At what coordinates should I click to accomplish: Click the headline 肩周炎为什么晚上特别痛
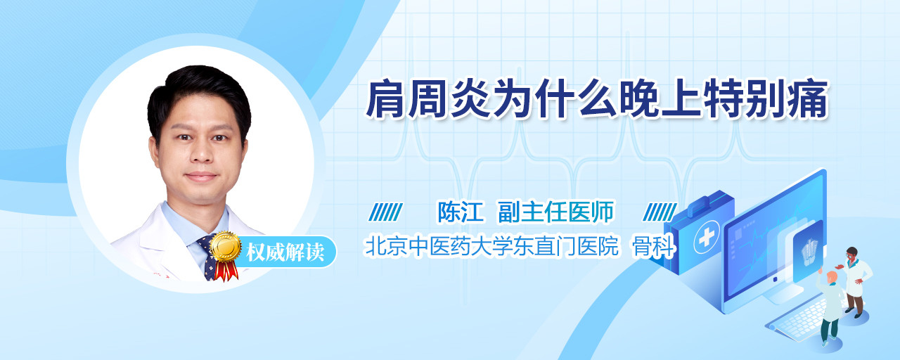598,99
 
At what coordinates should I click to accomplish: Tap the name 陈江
461,212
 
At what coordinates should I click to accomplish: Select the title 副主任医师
556,212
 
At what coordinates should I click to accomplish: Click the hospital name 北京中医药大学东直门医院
491,246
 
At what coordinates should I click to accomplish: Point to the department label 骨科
654,246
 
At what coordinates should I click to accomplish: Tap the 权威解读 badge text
285,252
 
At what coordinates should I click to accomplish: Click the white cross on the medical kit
707,238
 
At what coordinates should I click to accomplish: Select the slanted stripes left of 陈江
386,212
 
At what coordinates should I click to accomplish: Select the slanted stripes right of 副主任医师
660,212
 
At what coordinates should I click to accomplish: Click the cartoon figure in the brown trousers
855,282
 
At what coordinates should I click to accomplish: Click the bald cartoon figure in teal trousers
831,307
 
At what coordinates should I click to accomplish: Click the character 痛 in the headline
809,99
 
